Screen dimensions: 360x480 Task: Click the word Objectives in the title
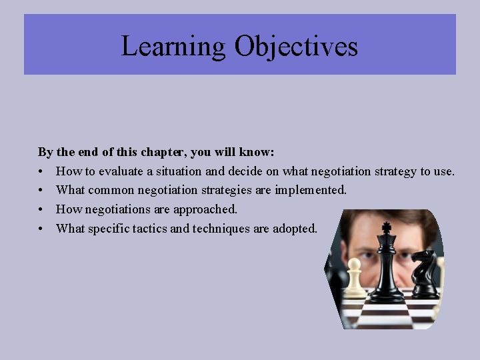(296, 47)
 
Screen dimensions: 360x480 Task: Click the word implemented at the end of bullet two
(311, 190)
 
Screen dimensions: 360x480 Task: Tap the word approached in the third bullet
(205, 209)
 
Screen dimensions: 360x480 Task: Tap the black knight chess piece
(425, 273)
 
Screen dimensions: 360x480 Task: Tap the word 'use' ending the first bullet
(444, 171)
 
